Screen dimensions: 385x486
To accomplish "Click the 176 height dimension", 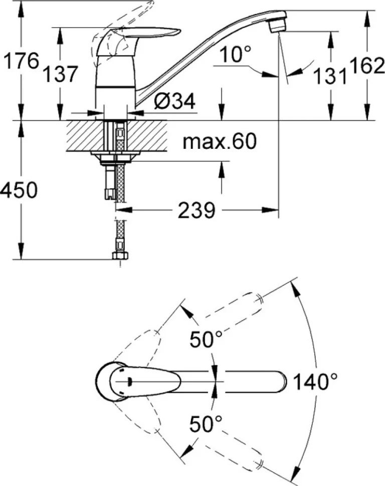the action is [x=21, y=61].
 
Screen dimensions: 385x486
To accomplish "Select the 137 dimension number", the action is [x=60, y=74].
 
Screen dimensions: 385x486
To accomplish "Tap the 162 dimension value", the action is [x=367, y=66].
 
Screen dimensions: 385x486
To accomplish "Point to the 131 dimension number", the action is [x=329, y=76].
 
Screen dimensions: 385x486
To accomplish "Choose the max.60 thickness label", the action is [x=220, y=141].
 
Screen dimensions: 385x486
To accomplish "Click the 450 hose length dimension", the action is [x=19, y=190].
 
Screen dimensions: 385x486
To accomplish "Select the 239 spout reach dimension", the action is [x=197, y=210].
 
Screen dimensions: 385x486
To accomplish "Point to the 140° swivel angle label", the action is [x=315, y=382].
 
